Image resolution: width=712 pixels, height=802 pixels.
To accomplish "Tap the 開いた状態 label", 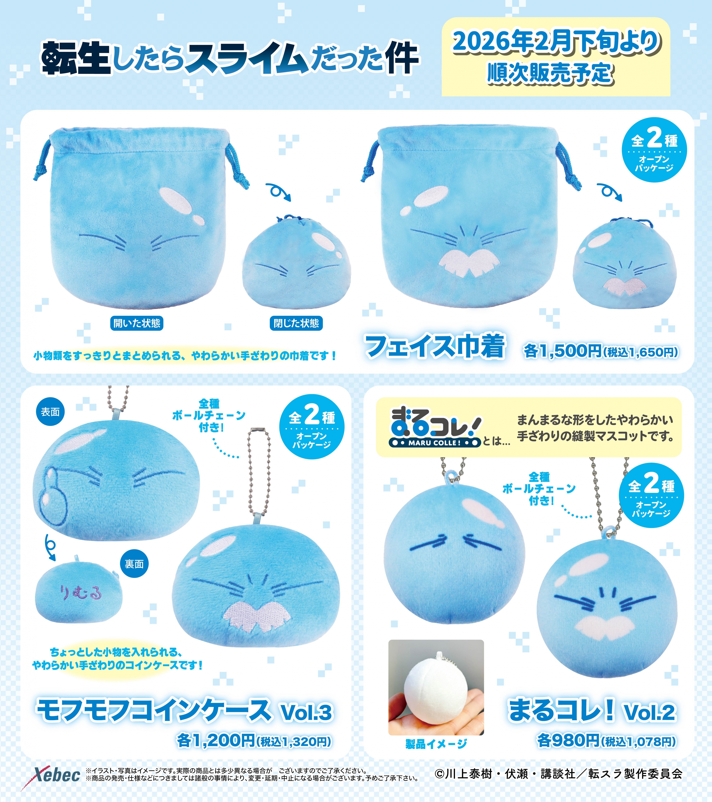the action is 137,323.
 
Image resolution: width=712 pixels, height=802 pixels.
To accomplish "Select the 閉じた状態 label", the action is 296,323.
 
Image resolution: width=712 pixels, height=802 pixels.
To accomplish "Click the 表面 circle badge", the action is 50,412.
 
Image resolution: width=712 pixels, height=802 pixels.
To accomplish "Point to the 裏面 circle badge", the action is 134,564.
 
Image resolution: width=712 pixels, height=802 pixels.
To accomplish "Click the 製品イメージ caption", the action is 436,743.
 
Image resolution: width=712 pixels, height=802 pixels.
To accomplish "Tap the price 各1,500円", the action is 563,351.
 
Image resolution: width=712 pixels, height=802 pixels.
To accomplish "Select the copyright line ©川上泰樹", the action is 559,774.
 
